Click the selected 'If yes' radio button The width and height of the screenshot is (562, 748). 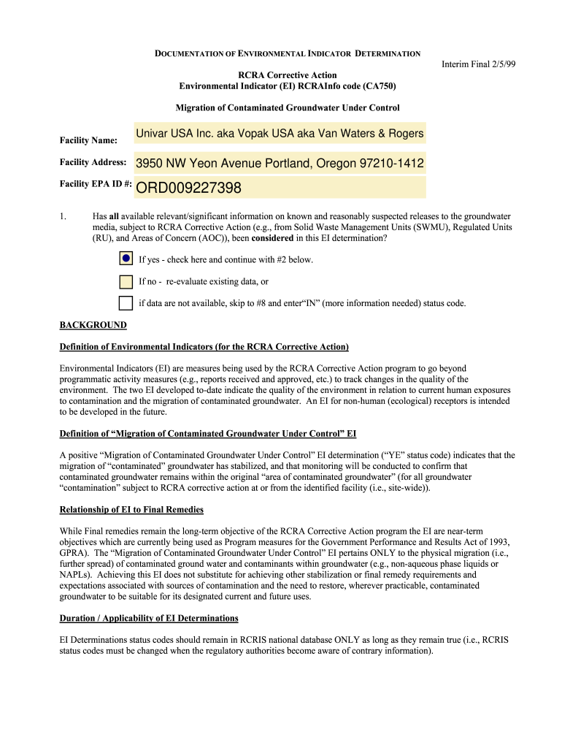126,259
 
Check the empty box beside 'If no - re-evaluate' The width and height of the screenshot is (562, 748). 126,281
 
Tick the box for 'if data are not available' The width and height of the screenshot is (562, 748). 126,303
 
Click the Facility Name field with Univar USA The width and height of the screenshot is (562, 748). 280,134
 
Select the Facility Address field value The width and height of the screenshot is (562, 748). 280,163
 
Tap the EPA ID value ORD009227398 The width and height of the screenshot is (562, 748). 280,189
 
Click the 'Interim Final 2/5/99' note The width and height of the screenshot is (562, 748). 478,64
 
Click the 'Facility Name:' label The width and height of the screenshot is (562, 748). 88,140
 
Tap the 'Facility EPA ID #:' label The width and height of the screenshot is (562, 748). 95,184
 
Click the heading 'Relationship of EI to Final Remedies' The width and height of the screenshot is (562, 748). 131,509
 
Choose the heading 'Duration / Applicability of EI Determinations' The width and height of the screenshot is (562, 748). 149,618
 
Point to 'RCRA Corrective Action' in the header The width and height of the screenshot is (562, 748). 288,75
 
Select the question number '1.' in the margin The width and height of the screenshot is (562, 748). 63,217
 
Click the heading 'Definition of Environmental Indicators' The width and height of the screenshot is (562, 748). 204,346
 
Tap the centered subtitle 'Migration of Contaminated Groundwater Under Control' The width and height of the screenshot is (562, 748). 288,108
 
